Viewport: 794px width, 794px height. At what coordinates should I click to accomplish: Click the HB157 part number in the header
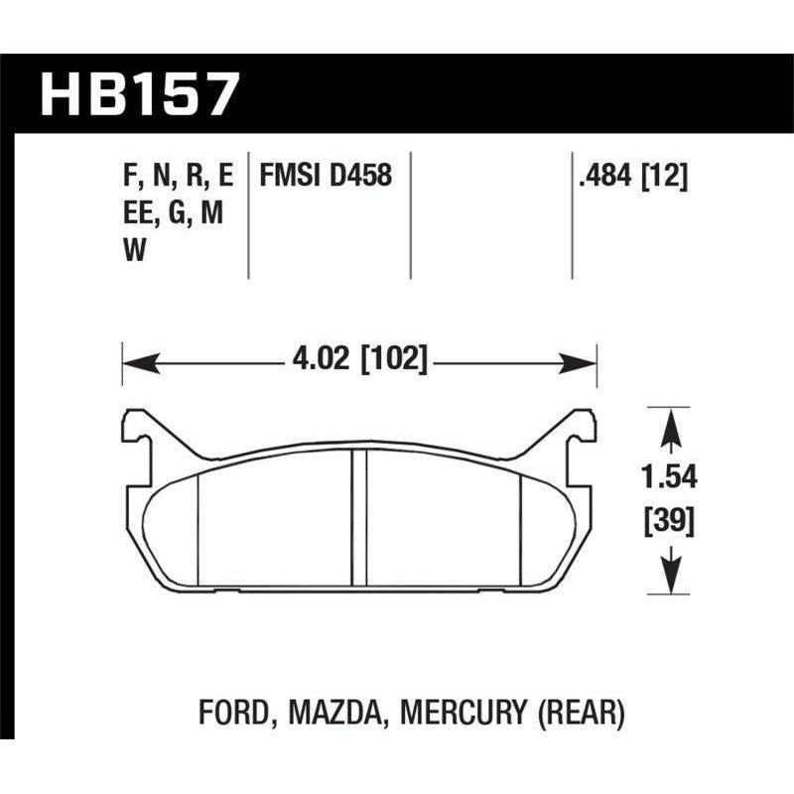(x=140, y=96)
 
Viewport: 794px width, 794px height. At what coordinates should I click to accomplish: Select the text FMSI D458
(x=325, y=176)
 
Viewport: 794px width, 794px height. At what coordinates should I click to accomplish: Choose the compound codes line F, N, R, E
(x=175, y=176)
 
